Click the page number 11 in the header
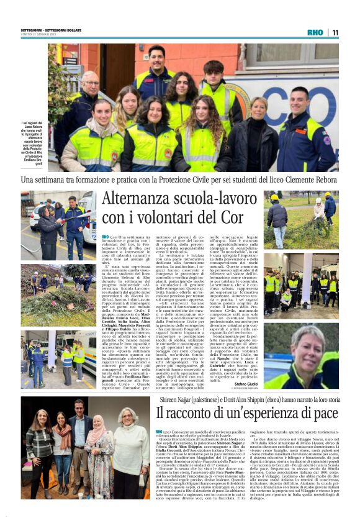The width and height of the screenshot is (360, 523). coord(335,32)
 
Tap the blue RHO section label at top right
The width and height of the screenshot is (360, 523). coord(315,32)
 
